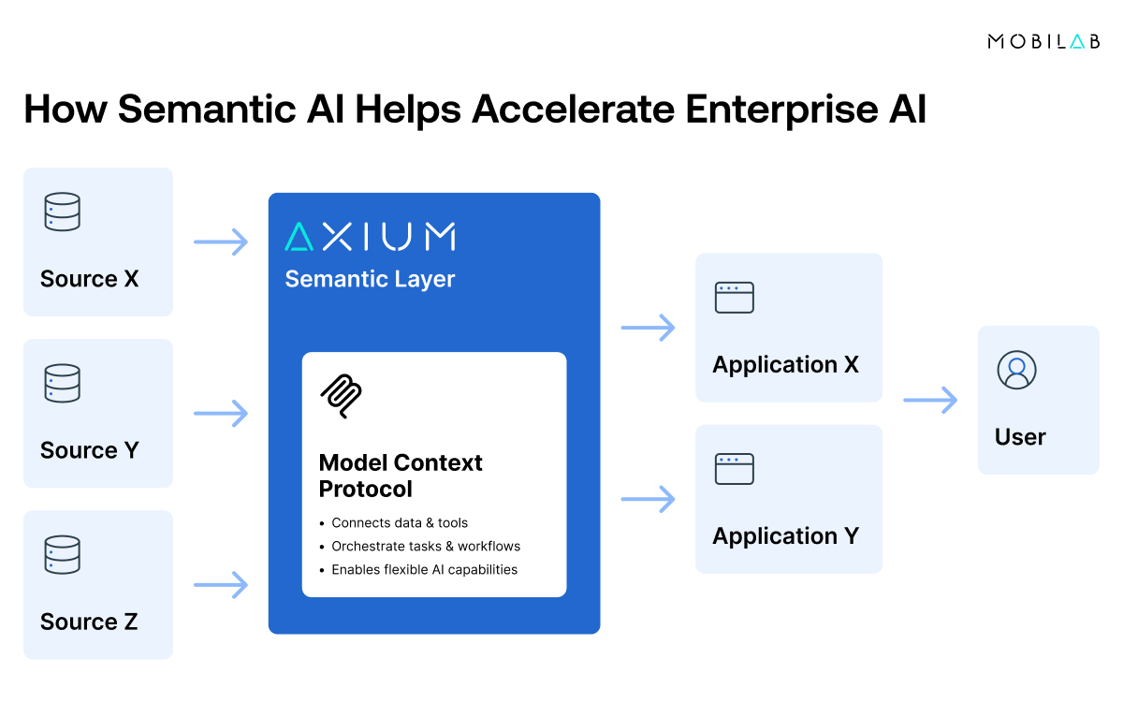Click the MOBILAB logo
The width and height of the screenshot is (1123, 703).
pyautogui.click(x=1043, y=41)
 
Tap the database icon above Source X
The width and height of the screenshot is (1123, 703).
pyautogui.click(x=63, y=212)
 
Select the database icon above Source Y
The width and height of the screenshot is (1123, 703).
pyautogui.click(x=63, y=384)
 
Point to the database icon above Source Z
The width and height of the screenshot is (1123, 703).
pyautogui.click(x=63, y=555)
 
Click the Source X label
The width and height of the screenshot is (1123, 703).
pyautogui.click(x=89, y=279)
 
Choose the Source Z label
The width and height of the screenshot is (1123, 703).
pyautogui.click(x=89, y=622)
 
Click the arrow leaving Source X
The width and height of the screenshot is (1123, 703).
pyautogui.click(x=221, y=242)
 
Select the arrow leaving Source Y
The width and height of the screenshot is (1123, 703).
pyautogui.click(x=221, y=413)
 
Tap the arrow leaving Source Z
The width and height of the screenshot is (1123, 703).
pyautogui.click(x=221, y=585)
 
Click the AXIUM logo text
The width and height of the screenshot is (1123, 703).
pyautogui.click(x=371, y=237)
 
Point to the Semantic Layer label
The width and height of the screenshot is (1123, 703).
pyautogui.click(x=370, y=279)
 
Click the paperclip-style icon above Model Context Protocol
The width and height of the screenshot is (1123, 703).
pyautogui.click(x=342, y=397)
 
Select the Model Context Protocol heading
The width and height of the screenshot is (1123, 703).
pyautogui.click(x=401, y=476)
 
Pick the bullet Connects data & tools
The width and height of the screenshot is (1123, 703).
pyautogui.click(x=400, y=522)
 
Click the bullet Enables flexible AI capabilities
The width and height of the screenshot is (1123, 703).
pyautogui.click(x=424, y=569)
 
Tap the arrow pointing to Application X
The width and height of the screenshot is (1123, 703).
pyautogui.click(x=648, y=328)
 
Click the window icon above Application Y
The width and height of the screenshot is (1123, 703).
pyautogui.click(x=735, y=469)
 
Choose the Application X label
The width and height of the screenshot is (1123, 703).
pyautogui.click(x=785, y=364)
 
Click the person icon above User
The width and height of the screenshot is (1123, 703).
pyautogui.click(x=1017, y=370)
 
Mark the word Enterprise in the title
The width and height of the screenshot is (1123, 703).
pyautogui.click(x=784, y=110)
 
